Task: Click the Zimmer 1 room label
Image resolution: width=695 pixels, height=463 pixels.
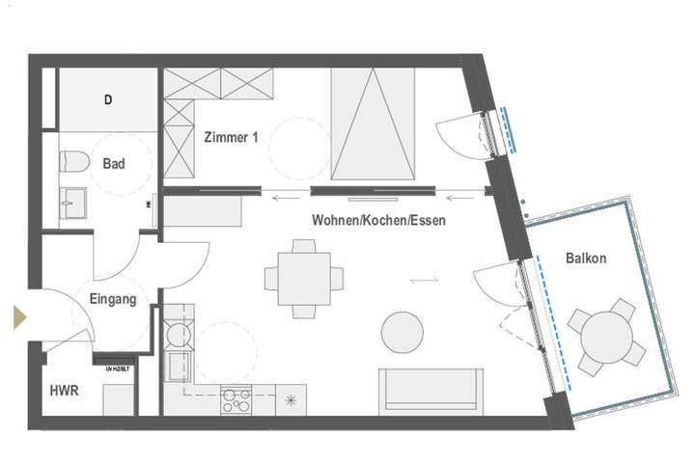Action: (x=231, y=138)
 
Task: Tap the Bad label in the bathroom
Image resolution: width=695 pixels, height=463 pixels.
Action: (x=114, y=164)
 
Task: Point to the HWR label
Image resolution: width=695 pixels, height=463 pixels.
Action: (x=64, y=392)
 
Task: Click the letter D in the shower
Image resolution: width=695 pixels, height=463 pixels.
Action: (x=107, y=99)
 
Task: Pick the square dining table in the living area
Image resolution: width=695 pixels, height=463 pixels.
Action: (x=303, y=279)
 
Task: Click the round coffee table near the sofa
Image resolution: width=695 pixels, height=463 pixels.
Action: (x=403, y=333)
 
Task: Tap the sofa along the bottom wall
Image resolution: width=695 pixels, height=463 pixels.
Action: (x=431, y=391)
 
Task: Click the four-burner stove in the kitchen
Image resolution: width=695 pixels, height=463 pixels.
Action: (x=237, y=398)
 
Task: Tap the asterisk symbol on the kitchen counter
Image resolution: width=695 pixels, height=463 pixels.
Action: (x=289, y=397)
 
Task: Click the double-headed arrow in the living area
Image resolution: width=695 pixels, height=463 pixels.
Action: (x=424, y=280)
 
